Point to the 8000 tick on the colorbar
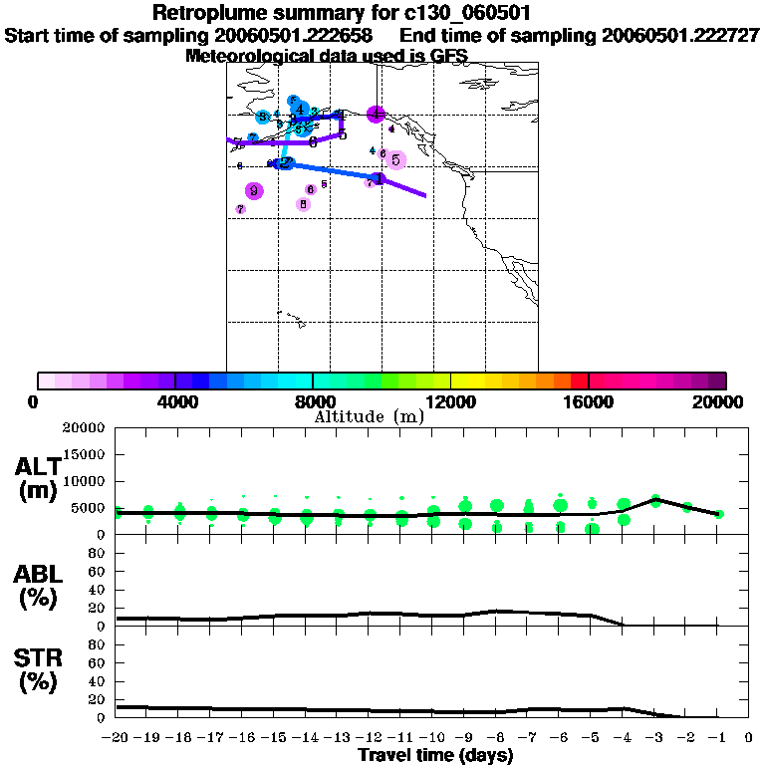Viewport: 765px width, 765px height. click(x=313, y=381)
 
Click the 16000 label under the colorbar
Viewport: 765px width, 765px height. click(x=589, y=402)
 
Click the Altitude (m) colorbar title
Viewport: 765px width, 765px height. click(x=370, y=416)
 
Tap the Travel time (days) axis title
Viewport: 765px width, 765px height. click(x=435, y=755)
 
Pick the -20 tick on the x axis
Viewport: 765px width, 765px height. click(x=117, y=737)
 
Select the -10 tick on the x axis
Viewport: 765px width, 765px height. click(x=432, y=737)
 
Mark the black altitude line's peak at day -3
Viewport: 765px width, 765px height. click(x=654, y=498)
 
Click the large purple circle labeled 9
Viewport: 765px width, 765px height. click(x=254, y=191)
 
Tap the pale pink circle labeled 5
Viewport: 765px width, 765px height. click(x=395, y=159)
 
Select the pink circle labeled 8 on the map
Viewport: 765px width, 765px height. click(x=303, y=204)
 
